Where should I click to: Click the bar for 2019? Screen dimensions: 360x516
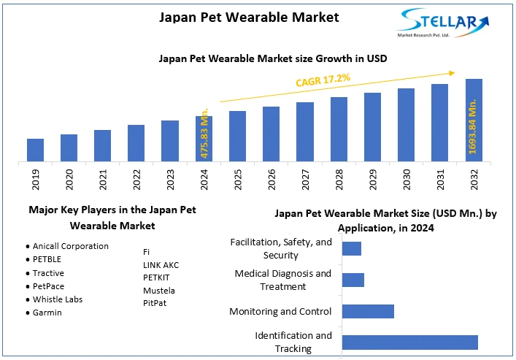click(35, 150)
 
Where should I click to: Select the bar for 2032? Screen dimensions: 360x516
click(474, 120)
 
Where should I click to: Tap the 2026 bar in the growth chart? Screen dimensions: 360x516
click(271, 134)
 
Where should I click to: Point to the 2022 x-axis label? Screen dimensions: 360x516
click(136, 178)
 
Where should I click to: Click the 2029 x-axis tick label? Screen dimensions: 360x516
click(372, 178)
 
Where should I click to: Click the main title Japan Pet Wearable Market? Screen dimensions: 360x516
click(249, 17)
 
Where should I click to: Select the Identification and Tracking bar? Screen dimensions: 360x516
click(409, 342)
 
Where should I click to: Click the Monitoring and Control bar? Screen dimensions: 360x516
click(368, 311)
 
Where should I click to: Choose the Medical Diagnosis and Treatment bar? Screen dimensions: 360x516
click(353, 280)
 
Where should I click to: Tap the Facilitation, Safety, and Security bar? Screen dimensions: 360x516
click(351, 248)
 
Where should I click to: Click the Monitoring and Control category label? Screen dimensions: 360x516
click(280, 312)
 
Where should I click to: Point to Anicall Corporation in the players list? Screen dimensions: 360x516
click(70, 247)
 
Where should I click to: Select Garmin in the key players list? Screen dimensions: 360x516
click(47, 313)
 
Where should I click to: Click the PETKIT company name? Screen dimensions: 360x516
click(158, 277)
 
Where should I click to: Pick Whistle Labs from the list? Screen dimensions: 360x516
click(58, 299)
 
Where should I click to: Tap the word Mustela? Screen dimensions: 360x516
click(159, 291)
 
